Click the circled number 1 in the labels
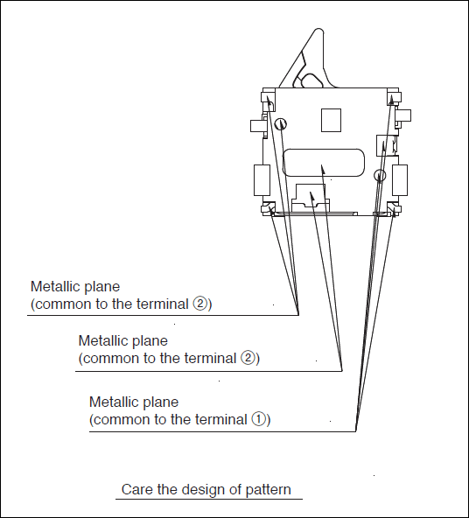click(x=259, y=419)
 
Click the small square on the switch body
click(x=331, y=120)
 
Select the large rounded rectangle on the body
click(x=324, y=163)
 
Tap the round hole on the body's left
click(x=281, y=124)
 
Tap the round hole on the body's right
click(x=380, y=175)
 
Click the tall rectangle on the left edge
click(x=262, y=180)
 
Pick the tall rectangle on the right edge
click(x=400, y=180)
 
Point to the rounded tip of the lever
click(x=318, y=31)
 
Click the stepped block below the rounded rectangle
click(x=311, y=197)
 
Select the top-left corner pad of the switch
click(x=269, y=97)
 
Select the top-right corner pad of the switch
click(x=394, y=96)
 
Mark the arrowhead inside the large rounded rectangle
click(x=323, y=169)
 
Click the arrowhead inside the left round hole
click(x=282, y=124)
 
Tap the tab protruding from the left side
click(x=256, y=126)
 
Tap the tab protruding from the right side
click(x=404, y=116)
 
